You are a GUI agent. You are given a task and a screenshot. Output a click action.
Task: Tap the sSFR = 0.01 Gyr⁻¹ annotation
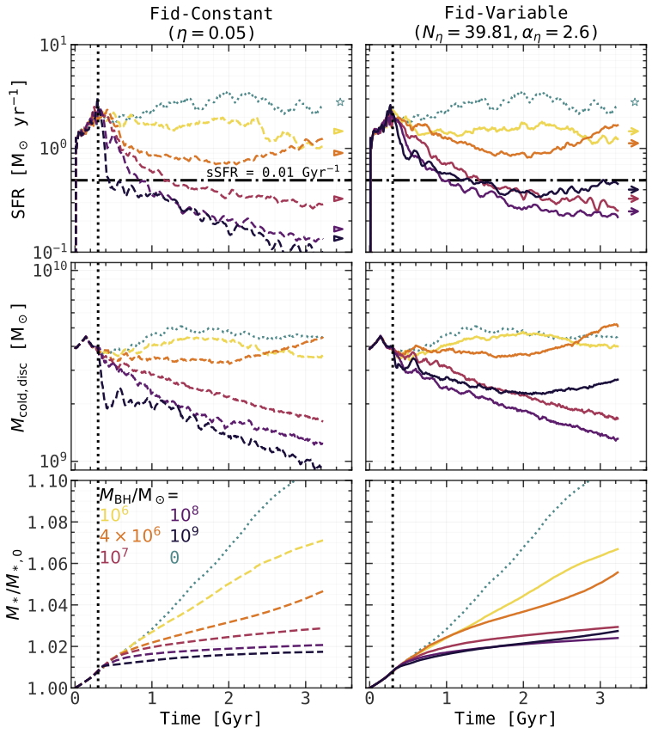(273, 172)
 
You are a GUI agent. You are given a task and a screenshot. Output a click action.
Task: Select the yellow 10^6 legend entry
(112, 515)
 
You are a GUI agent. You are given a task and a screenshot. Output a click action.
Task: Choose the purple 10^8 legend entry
(187, 515)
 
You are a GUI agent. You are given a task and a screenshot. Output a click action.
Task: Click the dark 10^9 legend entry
(187, 536)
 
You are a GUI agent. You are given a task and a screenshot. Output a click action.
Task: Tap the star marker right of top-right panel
(635, 102)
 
